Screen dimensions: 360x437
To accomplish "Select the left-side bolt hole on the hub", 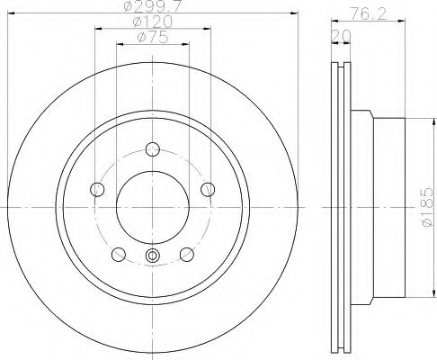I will click(97, 188).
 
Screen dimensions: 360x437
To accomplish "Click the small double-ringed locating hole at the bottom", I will click(151, 259).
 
